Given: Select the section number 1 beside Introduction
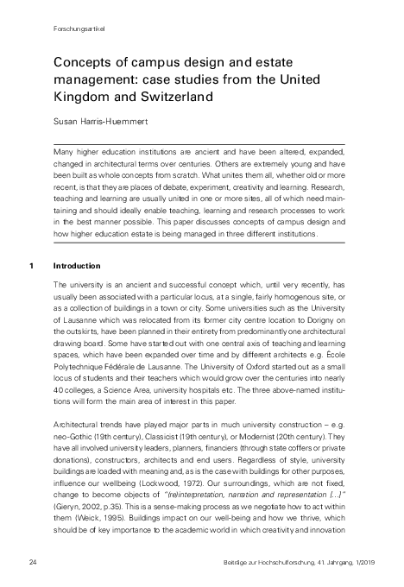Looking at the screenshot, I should (30, 265).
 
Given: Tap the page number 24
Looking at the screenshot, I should (31, 562).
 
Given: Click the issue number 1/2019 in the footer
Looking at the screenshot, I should (357, 562).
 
